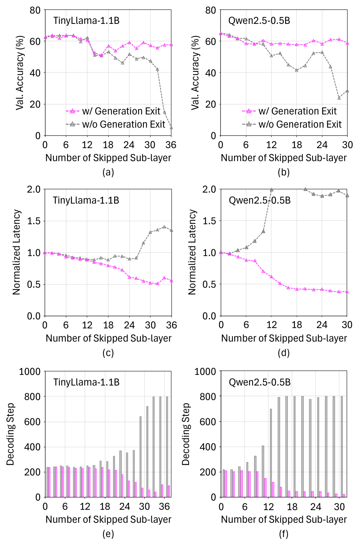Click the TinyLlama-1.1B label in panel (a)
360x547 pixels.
(x=86, y=21)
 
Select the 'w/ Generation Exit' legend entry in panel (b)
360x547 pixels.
(x=297, y=111)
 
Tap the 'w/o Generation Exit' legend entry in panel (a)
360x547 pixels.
(x=123, y=124)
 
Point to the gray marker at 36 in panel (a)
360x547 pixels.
(x=171, y=127)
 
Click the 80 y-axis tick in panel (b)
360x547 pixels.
(x=210, y=10)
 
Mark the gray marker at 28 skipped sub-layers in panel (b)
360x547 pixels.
(x=339, y=98)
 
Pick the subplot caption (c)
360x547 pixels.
(x=108, y=353)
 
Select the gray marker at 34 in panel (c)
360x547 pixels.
(x=164, y=227)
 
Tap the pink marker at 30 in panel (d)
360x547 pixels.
(x=347, y=291)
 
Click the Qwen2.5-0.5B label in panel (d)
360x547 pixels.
(x=260, y=200)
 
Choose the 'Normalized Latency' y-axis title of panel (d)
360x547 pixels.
(x=192, y=252)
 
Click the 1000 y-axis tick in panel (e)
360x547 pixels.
(x=30, y=372)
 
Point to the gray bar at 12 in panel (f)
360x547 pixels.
(x=271, y=453)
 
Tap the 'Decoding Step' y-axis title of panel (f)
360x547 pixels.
(x=186, y=434)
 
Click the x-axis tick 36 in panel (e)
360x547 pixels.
(x=164, y=507)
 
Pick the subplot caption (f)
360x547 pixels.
(x=284, y=534)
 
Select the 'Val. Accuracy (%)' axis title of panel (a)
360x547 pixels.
(x=20, y=72)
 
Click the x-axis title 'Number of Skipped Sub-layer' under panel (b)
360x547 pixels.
(x=284, y=158)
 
